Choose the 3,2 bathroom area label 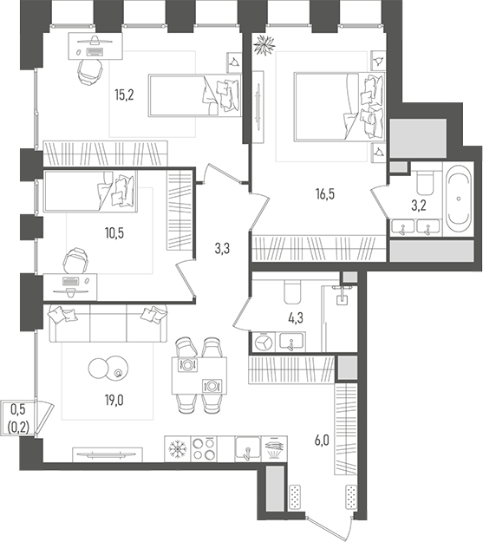(416, 207)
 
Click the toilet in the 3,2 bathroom (425, 180)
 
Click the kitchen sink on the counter (247, 449)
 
